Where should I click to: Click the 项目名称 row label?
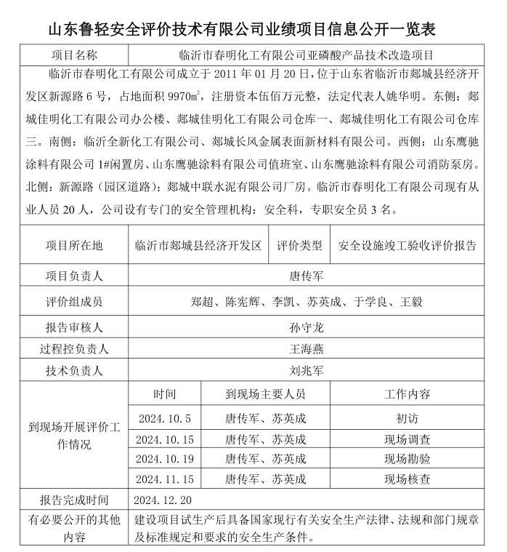pos(75,55)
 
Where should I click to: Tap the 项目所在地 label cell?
pos(75,246)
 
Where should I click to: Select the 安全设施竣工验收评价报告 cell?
pos(407,246)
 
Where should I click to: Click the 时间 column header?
pos(164,394)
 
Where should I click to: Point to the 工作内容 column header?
pos(407,394)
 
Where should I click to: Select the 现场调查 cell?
pos(407,439)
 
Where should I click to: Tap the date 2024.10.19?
pos(164,459)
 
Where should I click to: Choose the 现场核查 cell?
pos(407,479)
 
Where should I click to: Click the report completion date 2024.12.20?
pos(163,500)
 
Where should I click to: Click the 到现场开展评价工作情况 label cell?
pos(75,436)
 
